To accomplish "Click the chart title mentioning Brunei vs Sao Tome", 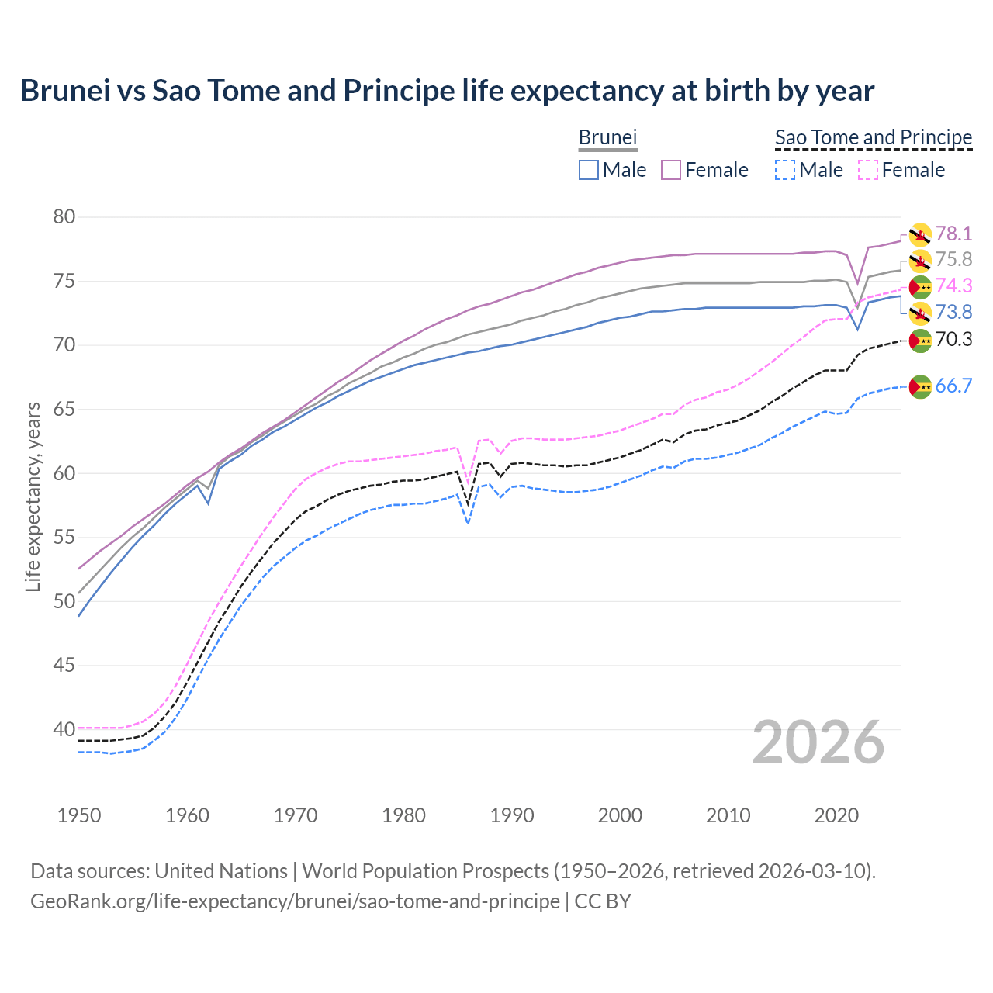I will (x=447, y=91).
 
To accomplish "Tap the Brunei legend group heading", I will (x=607, y=137).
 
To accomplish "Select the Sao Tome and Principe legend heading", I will (x=874, y=137).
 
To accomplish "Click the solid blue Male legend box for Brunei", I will (x=589, y=170).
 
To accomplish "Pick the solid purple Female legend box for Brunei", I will (x=671, y=170).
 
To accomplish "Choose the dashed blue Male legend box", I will (x=785, y=170).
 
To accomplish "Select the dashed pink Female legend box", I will (x=868, y=170).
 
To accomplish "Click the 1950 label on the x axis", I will (x=79, y=815).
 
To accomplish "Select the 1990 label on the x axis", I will (x=512, y=815).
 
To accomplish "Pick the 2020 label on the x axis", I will (x=836, y=815).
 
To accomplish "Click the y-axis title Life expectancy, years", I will (x=33, y=496).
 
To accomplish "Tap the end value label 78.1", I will (x=953, y=234).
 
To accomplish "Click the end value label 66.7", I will (x=953, y=386).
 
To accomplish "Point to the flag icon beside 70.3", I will (x=920, y=341).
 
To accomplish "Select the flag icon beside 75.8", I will (x=920, y=261).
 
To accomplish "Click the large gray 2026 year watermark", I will (x=818, y=742).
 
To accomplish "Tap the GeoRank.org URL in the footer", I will (x=295, y=901).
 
